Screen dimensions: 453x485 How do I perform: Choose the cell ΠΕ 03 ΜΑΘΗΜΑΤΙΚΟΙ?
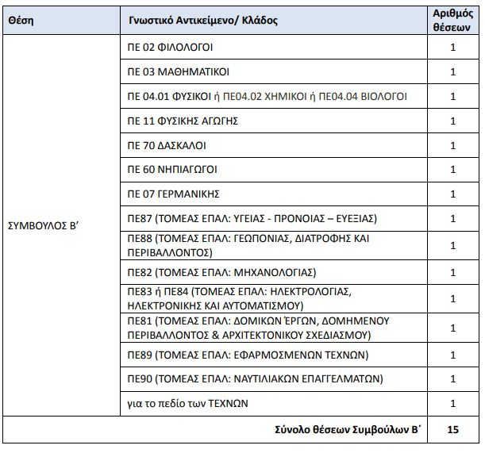click(179, 72)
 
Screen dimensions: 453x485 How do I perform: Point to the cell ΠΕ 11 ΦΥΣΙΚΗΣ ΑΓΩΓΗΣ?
click(183, 121)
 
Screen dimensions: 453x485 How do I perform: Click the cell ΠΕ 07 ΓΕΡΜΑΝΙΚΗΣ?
click(174, 194)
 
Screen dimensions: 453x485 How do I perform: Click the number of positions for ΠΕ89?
click(453, 355)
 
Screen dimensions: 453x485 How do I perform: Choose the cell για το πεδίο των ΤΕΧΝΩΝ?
click(188, 403)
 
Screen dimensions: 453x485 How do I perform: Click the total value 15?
click(453, 429)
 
